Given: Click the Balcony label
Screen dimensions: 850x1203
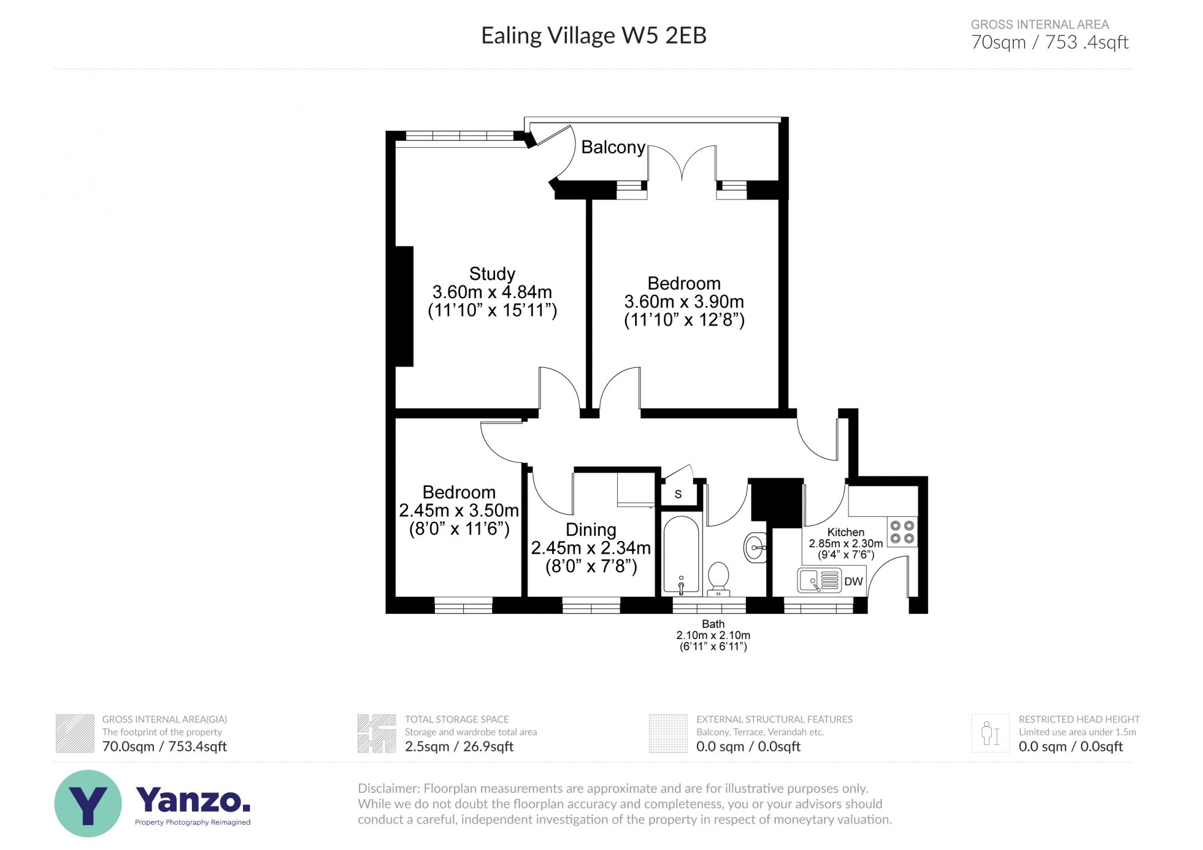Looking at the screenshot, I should pyautogui.click(x=613, y=147).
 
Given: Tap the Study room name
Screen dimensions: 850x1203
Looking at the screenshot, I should pyautogui.click(x=492, y=274).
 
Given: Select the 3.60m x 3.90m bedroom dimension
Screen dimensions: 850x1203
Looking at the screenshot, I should pyautogui.click(x=684, y=302).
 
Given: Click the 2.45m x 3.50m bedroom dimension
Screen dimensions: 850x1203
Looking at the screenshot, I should pyautogui.click(x=459, y=511).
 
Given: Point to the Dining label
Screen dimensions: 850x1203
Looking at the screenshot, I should pyautogui.click(x=591, y=530).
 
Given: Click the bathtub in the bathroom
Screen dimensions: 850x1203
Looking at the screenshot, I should pyautogui.click(x=681, y=554).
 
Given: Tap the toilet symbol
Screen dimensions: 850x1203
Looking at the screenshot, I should pyautogui.click(x=718, y=578).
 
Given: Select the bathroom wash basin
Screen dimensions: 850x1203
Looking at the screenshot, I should pyautogui.click(x=755, y=547).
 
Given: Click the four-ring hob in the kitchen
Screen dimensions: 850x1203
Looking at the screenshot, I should pyautogui.click(x=902, y=532).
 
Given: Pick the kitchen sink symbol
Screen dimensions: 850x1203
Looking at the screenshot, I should pyautogui.click(x=818, y=581).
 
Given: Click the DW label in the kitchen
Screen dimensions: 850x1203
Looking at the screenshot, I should pyautogui.click(x=853, y=581).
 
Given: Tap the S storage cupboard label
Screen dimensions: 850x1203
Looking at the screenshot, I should pyautogui.click(x=678, y=495).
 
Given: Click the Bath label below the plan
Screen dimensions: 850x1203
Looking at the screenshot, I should pyautogui.click(x=713, y=624).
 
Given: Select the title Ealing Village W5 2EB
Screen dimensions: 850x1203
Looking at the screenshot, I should pyautogui.click(x=594, y=35).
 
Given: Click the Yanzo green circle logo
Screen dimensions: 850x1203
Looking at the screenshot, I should pyautogui.click(x=88, y=803).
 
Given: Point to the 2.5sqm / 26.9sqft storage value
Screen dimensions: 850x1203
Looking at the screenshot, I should pyautogui.click(x=459, y=747).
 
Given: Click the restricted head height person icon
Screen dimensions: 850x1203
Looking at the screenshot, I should pyautogui.click(x=989, y=733).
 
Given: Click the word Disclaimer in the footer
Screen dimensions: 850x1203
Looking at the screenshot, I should pyautogui.click(x=388, y=788).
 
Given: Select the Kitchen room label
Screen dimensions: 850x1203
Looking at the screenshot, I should pyautogui.click(x=846, y=532).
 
